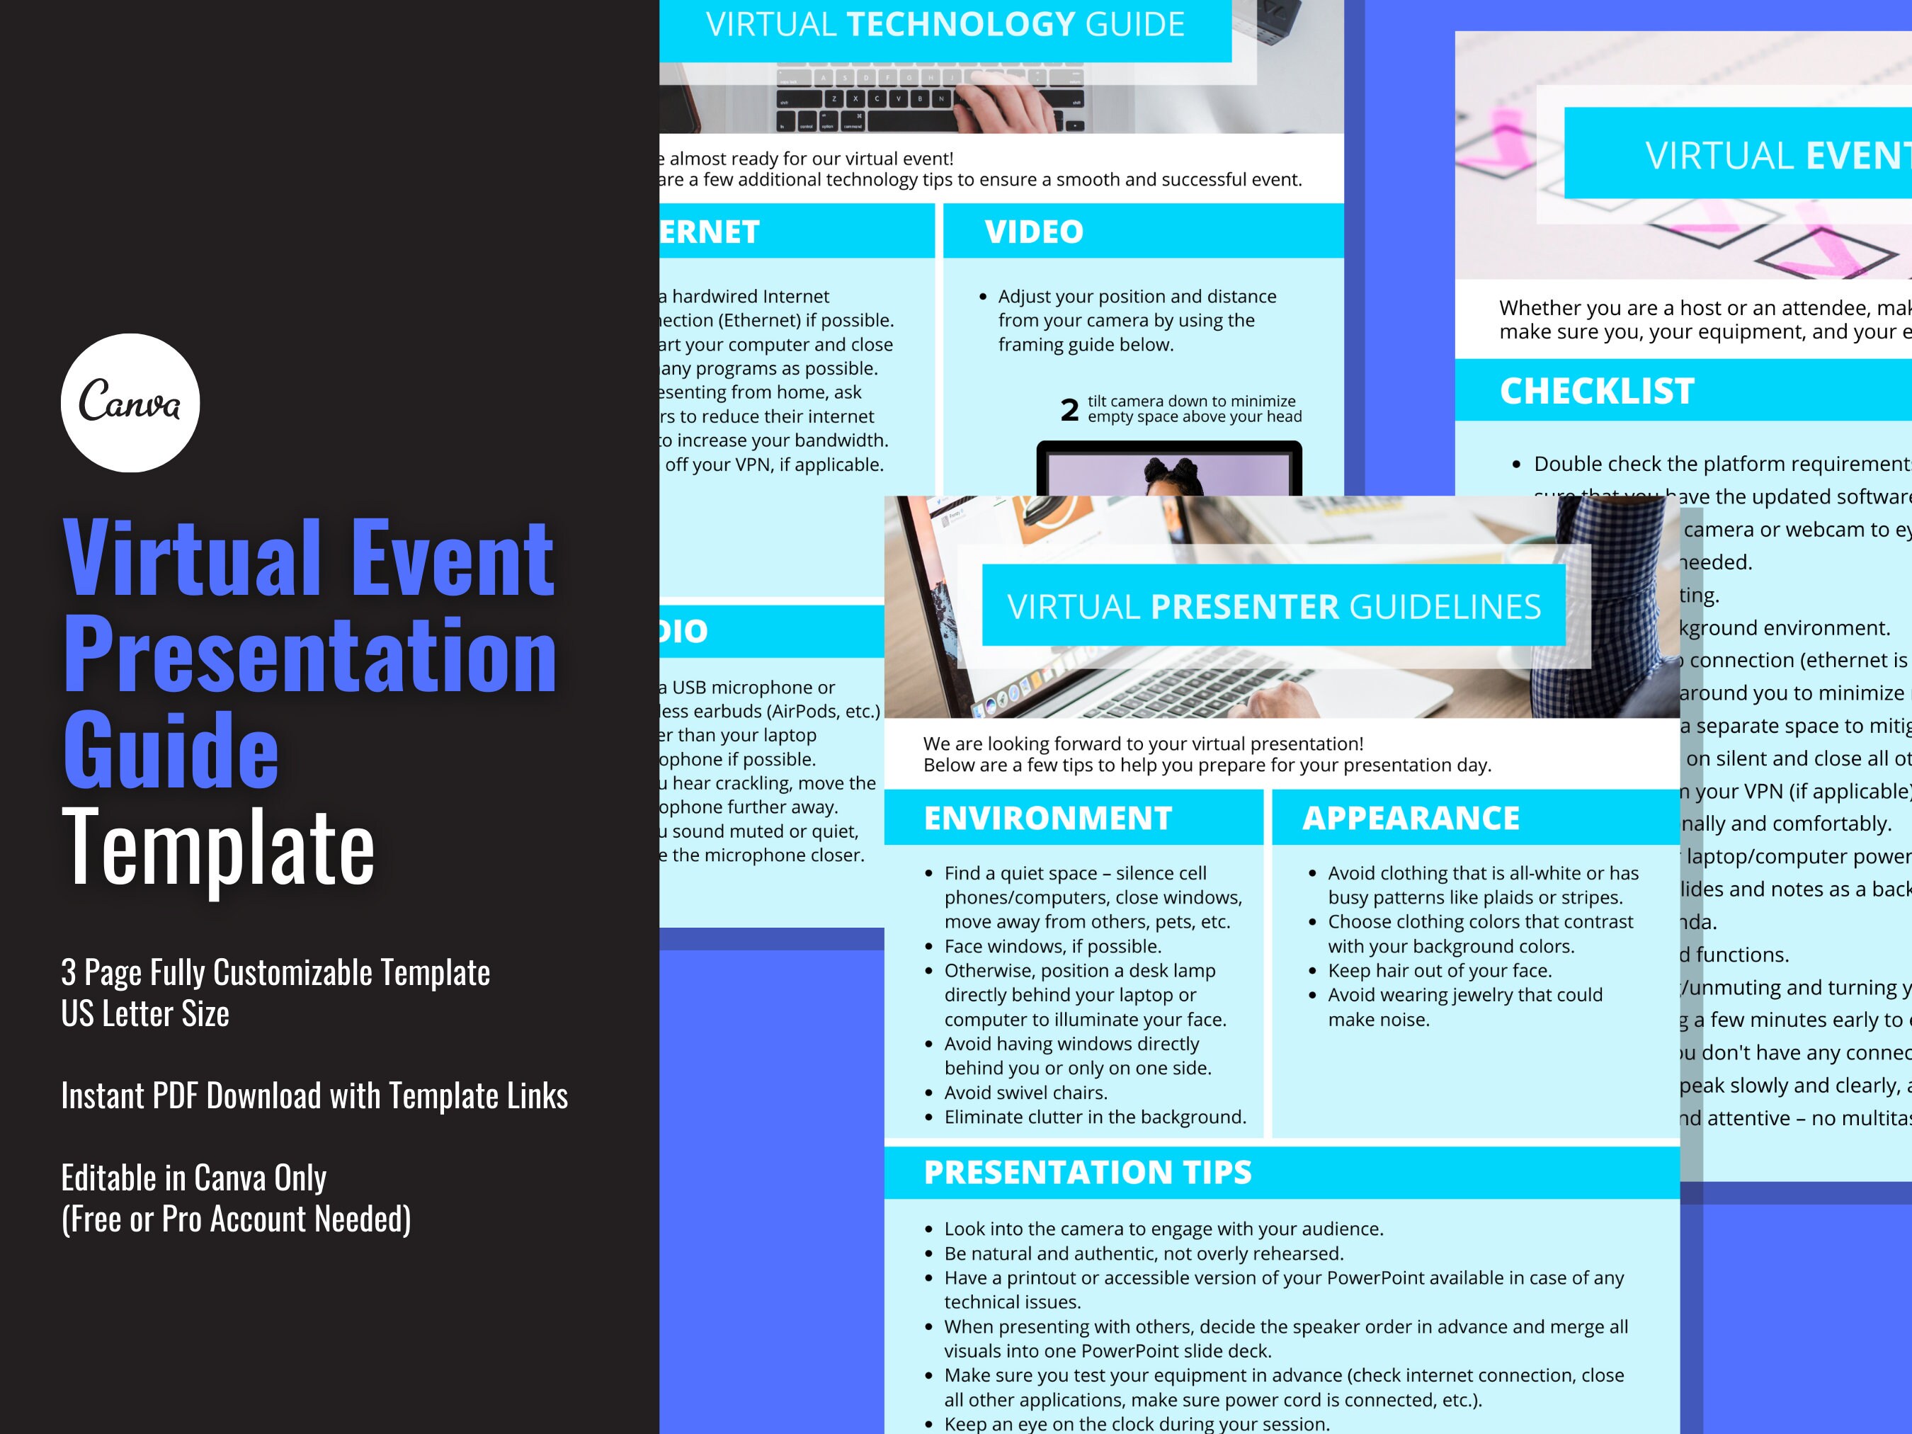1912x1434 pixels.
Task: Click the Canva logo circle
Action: pos(130,403)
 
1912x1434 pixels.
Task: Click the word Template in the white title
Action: pos(218,847)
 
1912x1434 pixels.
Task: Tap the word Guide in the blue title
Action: pos(171,750)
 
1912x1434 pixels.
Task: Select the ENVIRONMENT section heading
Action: pos(1047,818)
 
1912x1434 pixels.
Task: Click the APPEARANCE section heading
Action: pos(1411,818)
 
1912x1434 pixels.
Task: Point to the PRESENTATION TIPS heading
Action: pos(1088,1172)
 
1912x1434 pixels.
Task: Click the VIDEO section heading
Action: pos(1034,232)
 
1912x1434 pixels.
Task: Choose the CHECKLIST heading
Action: pos(1596,392)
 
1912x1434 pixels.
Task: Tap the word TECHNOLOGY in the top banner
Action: pos(960,25)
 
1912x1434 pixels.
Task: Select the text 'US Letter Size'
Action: pos(145,1014)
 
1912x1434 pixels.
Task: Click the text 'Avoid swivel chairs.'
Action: pos(1025,1093)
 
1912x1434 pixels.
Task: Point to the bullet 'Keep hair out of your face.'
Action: pos(1439,970)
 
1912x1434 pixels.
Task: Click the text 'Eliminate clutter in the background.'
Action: pos(1094,1117)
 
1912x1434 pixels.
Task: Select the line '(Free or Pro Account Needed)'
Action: pos(236,1219)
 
